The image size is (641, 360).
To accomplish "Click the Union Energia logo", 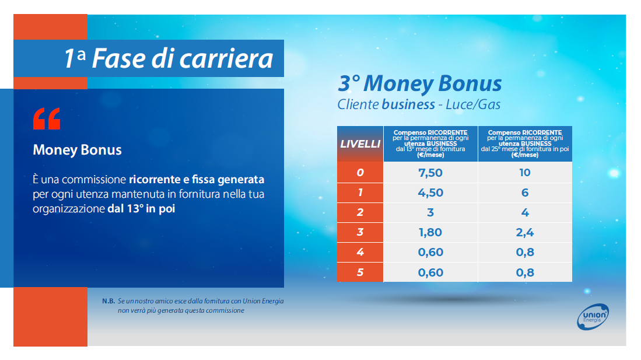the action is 593,317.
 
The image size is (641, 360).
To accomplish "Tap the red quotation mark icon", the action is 47,118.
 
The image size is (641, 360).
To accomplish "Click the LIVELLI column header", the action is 360,144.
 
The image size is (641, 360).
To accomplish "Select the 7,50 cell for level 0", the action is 430,173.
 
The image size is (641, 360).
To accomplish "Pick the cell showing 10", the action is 525,173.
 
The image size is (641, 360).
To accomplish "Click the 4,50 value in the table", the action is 430,193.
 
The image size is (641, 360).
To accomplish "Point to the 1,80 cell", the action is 430,232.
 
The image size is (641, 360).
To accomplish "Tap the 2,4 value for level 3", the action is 525,232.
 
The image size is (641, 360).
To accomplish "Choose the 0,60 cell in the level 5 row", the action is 430,272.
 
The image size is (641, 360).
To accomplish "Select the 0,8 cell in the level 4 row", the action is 525,253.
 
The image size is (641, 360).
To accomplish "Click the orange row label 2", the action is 360,213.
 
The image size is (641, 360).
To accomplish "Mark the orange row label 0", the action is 360,173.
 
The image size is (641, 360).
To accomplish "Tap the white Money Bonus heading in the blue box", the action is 77,150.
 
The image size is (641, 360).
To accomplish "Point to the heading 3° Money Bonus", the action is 420,83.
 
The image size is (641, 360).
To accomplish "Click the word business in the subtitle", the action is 408,104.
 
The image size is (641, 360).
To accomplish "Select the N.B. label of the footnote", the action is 108,301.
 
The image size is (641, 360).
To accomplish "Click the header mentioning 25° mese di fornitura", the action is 525,144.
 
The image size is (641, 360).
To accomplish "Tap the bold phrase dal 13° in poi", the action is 141,209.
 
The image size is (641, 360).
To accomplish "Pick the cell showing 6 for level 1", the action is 525,193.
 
